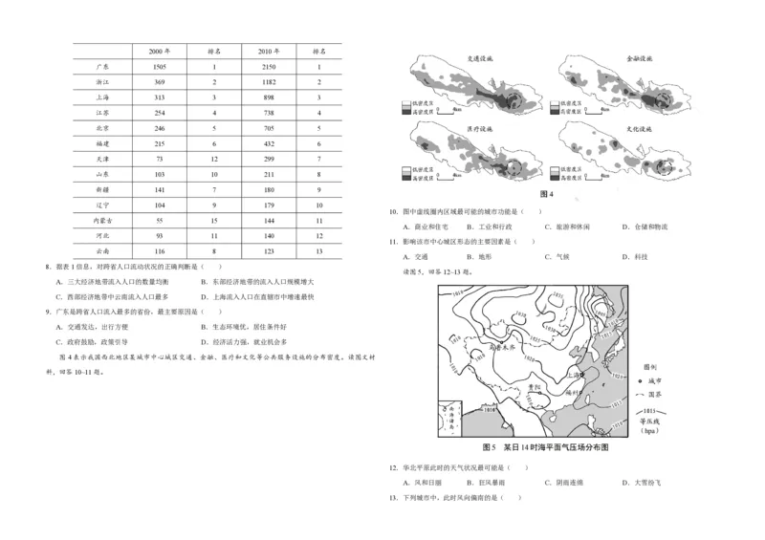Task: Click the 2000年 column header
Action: pos(161,50)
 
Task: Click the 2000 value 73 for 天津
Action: pos(161,158)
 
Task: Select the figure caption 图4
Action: pos(547,194)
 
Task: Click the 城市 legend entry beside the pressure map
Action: pos(654,379)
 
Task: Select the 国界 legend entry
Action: pos(654,394)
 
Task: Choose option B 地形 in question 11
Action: pos(477,257)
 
